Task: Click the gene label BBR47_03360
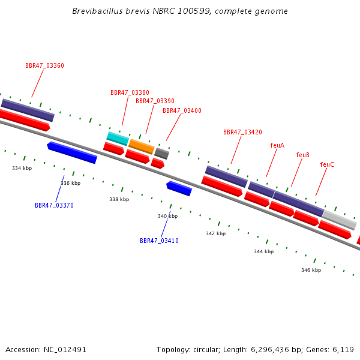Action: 44,66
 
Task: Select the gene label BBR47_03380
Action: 130,93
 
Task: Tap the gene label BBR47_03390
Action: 155,101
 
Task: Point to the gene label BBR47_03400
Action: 182,111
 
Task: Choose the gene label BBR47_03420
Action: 242,133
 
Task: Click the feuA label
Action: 277,146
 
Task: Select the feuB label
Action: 302,155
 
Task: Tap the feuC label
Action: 327,165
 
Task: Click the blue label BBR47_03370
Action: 54,205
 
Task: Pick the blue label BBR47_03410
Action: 159,241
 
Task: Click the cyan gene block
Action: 118,138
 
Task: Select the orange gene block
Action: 142,146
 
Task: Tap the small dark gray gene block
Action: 161,154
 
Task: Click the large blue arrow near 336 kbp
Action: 72,152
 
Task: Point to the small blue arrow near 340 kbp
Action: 179,188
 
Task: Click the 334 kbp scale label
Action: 22,168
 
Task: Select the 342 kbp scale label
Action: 215,233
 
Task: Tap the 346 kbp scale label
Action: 311,270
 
